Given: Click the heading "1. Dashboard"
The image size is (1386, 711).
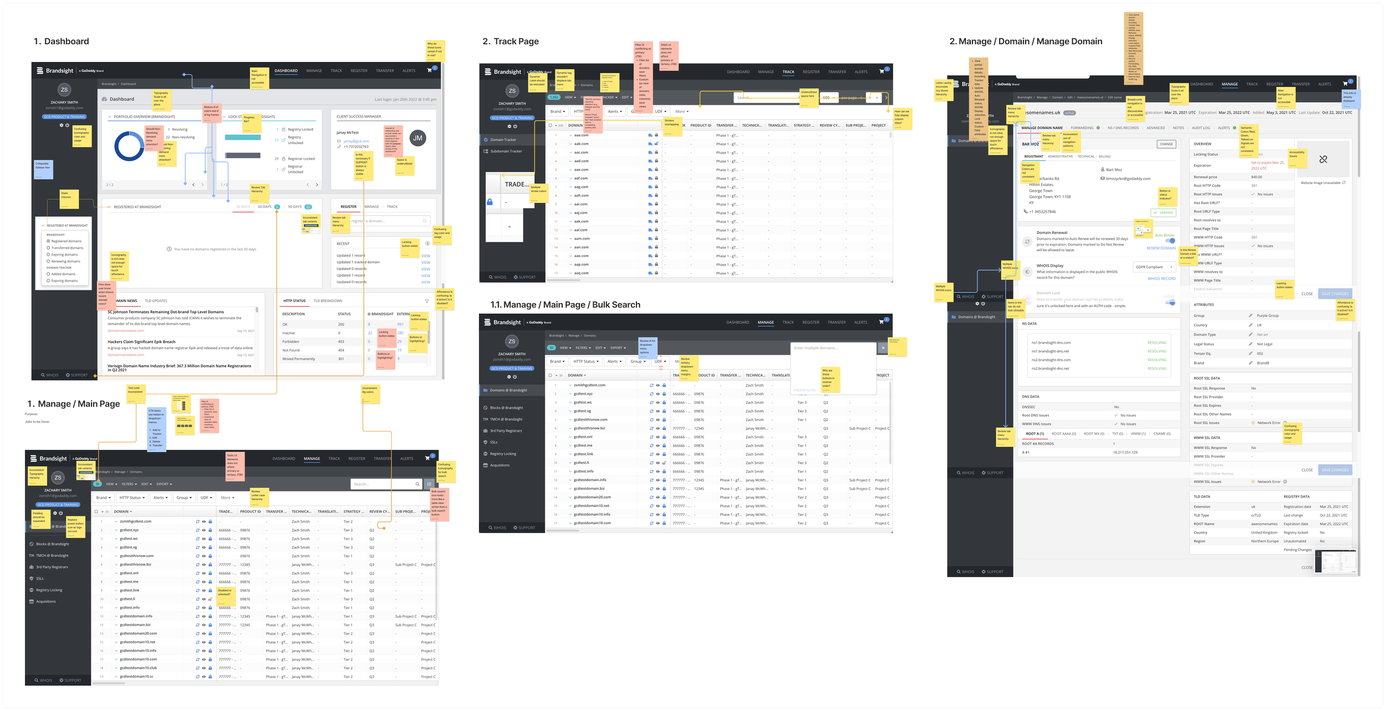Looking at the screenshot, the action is point(61,42).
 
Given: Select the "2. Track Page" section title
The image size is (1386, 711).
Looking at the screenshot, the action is point(510,42).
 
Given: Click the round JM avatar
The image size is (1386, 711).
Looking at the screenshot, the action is point(417,138).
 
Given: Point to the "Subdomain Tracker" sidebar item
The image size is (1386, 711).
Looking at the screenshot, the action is point(506,151).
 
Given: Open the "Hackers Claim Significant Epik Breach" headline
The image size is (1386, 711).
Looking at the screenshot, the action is point(141,342).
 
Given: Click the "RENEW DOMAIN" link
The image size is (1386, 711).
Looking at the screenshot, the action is point(1161,248).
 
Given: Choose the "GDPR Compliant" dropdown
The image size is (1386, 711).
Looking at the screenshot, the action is point(1153,267).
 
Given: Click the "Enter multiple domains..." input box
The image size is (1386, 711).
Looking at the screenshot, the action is point(832,348).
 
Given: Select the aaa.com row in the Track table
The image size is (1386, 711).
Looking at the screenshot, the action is point(582,135).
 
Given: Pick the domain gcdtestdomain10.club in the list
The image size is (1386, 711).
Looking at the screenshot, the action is point(138,668).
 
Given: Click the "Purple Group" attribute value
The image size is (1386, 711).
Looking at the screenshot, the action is point(1267,316).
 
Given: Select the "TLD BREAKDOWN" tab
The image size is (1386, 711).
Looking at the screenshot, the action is point(328,301).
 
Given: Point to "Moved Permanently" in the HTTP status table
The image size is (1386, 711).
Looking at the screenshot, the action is point(298,359).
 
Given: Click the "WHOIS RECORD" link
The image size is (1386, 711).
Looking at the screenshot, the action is point(1161,279).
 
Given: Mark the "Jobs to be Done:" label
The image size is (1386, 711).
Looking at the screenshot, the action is point(37,422).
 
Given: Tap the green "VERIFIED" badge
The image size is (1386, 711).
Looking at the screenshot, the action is point(1164,213).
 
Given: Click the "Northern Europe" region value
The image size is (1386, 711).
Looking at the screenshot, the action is point(1265,541).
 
